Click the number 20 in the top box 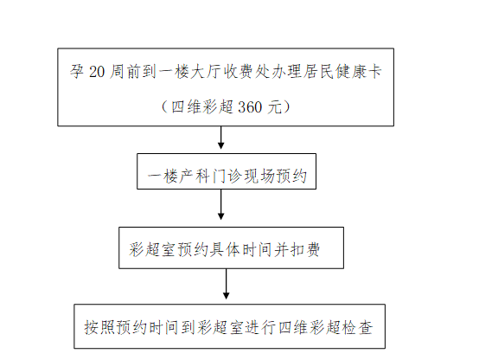[97, 72]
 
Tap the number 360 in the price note [250, 107]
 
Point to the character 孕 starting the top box [77, 71]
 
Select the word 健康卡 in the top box [358, 71]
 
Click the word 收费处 [246, 71]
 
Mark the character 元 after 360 [275, 107]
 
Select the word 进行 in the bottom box [261, 328]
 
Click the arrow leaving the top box [220, 138]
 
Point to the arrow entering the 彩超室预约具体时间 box [220, 204]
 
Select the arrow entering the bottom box [226, 284]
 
